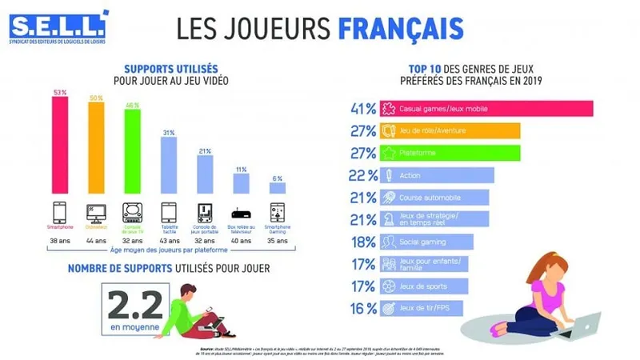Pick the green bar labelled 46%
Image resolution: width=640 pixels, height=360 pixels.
pos(132,152)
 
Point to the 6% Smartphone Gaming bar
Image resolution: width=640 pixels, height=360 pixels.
pos(277,188)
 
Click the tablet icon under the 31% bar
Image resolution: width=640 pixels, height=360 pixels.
pos(168,212)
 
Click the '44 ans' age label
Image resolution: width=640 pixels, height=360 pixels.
pos(96,240)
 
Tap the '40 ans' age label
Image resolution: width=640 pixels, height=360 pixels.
pos(241,240)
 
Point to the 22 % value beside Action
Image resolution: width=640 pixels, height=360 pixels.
pos(362,175)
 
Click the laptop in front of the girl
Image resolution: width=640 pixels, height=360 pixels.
pos(581,323)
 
